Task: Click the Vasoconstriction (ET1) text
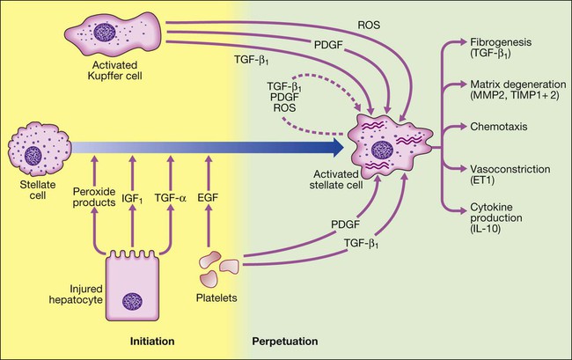point(502,173)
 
